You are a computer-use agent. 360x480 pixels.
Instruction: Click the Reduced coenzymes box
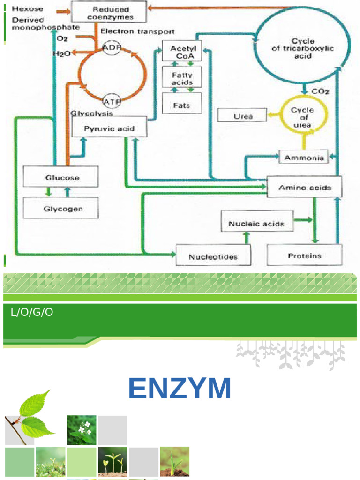coord(109,13)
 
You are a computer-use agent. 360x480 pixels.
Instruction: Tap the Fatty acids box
coord(182,78)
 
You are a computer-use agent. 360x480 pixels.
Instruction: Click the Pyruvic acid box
coord(109,127)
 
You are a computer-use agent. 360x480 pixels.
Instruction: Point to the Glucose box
coord(61,177)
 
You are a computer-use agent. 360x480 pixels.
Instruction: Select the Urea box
coord(243,115)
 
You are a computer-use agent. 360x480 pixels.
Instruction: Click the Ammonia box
coord(304,157)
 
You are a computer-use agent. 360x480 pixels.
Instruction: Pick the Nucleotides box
coord(213,256)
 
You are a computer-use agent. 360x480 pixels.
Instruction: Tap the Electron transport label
coord(137,31)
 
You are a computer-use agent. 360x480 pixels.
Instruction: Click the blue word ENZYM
coord(180,388)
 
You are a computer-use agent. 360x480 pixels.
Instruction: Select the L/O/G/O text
coord(32,312)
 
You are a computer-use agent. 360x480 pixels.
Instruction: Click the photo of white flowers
coord(82,430)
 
